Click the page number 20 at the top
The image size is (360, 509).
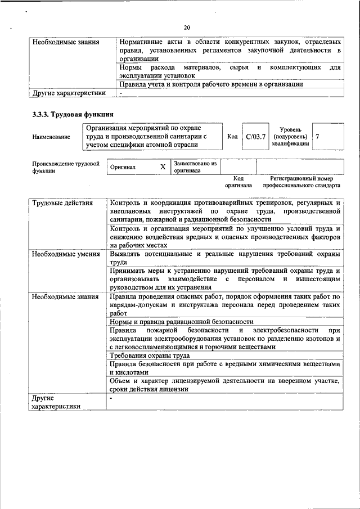click(x=187, y=26)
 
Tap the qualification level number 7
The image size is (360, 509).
click(x=318, y=137)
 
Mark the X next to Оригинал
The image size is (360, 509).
click(x=163, y=167)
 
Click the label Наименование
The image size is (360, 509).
click(x=51, y=137)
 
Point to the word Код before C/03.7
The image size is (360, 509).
click(x=232, y=137)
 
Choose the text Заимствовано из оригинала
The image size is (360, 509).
click(x=195, y=166)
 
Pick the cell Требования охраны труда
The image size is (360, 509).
click(x=150, y=355)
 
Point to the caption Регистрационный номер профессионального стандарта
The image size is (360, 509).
click(x=301, y=181)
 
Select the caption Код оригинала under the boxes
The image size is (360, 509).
click(x=238, y=181)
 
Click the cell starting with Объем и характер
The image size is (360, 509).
click(x=224, y=385)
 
